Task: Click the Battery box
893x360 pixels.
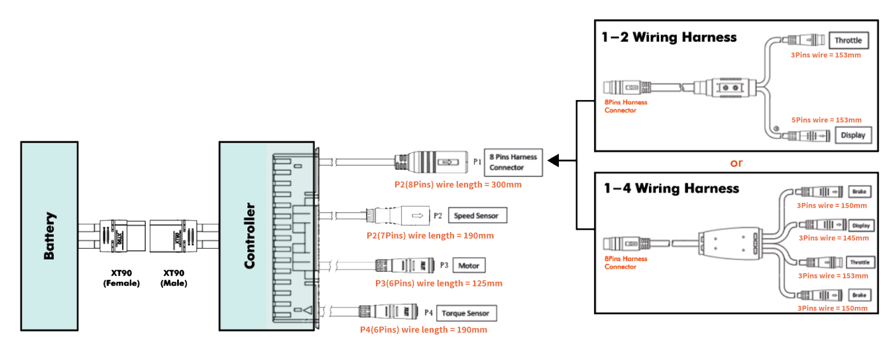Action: pyautogui.click(x=50, y=235)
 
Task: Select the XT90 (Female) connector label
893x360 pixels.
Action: pyautogui.click(x=121, y=278)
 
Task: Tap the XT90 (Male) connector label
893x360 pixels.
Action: pyautogui.click(x=174, y=278)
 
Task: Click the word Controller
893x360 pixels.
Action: pyautogui.click(x=250, y=236)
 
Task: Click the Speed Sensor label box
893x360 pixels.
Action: pyautogui.click(x=477, y=215)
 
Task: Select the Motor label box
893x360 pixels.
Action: pyautogui.click(x=469, y=266)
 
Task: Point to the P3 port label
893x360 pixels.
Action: pyautogui.click(x=444, y=266)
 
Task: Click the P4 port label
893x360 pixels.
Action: pyautogui.click(x=428, y=313)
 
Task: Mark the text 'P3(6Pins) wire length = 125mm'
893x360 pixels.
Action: pyautogui.click(x=439, y=283)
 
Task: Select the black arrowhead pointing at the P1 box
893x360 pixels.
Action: pyautogui.click(x=554, y=160)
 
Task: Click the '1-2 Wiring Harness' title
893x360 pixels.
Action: pyautogui.click(x=669, y=37)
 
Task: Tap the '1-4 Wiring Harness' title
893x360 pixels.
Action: pyautogui.click(x=670, y=188)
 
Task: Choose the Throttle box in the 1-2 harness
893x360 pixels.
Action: pyautogui.click(x=848, y=40)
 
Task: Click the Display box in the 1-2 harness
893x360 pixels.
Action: pyautogui.click(x=853, y=135)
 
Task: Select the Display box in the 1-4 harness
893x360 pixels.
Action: pyautogui.click(x=861, y=226)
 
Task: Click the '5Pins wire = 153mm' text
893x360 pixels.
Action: pyautogui.click(x=827, y=120)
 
